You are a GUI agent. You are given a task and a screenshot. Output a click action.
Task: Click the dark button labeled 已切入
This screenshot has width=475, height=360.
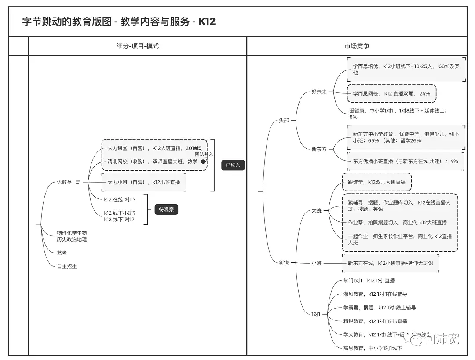[233, 165]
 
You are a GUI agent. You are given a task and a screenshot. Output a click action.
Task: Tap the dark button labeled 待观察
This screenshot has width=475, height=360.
[166, 209]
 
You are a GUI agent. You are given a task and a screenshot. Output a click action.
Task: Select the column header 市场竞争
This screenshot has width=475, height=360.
[357, 46]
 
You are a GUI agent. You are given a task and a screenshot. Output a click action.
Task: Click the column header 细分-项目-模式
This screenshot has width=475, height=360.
[137, 46]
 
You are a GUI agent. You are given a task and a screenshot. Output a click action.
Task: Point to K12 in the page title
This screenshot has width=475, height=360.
[207, 22]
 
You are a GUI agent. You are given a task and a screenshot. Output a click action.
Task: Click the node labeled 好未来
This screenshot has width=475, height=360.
[319, 92]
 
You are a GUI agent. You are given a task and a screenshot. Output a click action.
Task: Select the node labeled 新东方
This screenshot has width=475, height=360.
[319, 149]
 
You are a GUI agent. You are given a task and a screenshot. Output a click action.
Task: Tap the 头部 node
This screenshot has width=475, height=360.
[284, 121]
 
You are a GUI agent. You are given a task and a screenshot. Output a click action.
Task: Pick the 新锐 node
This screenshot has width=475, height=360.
[284, 263]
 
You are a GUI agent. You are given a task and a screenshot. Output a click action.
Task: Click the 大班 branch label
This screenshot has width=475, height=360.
[316, 211]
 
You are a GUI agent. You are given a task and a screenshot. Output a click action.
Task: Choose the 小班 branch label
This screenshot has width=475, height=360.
[316, 263]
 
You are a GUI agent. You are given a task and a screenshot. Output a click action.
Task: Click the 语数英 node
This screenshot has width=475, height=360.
[64, 182]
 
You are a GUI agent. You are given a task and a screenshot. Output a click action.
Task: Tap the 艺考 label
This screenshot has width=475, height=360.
[62, 253]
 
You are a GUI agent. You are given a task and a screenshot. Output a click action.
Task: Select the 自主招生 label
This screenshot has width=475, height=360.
[66, 266]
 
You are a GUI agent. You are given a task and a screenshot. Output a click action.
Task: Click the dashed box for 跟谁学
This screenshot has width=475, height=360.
[377, 182]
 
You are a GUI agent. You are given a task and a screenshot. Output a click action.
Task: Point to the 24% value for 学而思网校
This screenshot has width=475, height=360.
[424, 94]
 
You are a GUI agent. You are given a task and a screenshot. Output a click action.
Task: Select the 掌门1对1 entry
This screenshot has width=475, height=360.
[353, 280]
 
